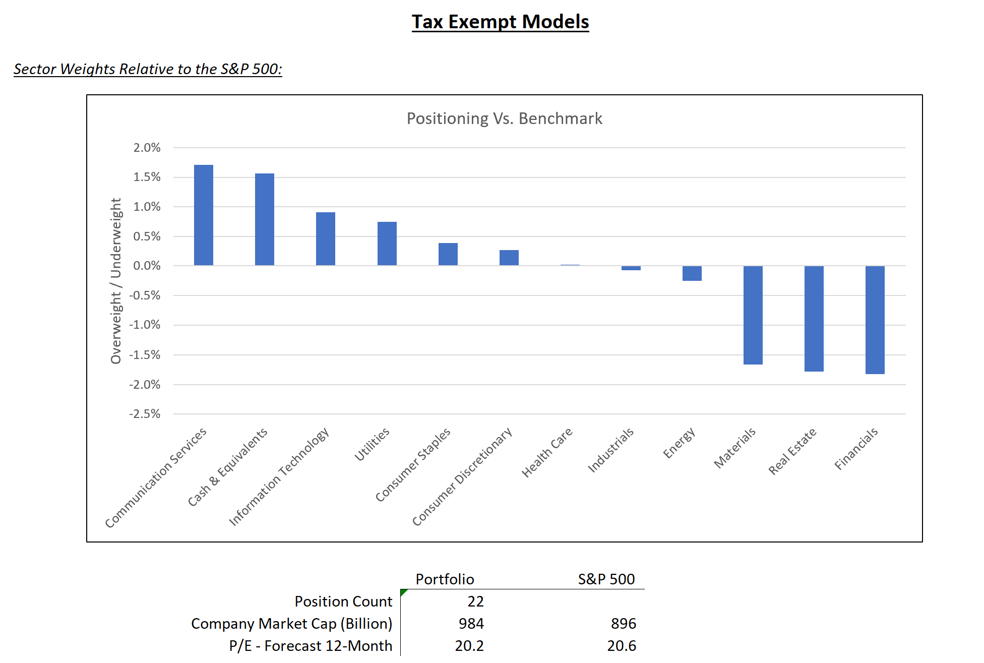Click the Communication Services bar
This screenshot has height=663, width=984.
click(203, 215)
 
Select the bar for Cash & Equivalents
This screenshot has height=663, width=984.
click(264, 219)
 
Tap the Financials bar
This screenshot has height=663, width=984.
click(875, 320)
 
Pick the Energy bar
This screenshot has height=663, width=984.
click(692, 273)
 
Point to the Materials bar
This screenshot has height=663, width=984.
click(753, 315)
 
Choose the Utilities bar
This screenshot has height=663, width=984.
click(387, 244)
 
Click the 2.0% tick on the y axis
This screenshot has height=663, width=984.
click(147, 148)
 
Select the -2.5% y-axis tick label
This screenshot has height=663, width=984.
click(145, 414)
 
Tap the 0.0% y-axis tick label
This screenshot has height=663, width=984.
click(147, 266)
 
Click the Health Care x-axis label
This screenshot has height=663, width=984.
click(547, 452)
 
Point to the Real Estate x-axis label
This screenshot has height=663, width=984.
click(792, 451)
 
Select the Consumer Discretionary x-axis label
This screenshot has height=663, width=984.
click(462, 476)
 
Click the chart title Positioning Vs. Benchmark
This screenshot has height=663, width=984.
click(504, 118)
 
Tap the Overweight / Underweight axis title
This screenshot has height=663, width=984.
click(116, 281)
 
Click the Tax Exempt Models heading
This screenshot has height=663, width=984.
click(500, 22)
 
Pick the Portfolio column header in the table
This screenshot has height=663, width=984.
click(445, 579)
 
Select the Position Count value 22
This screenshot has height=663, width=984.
click(475, 601)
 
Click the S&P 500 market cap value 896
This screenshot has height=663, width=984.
click(623, 624)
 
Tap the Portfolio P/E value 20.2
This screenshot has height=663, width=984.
click(469, 646)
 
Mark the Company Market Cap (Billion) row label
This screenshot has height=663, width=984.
click(291, 624)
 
